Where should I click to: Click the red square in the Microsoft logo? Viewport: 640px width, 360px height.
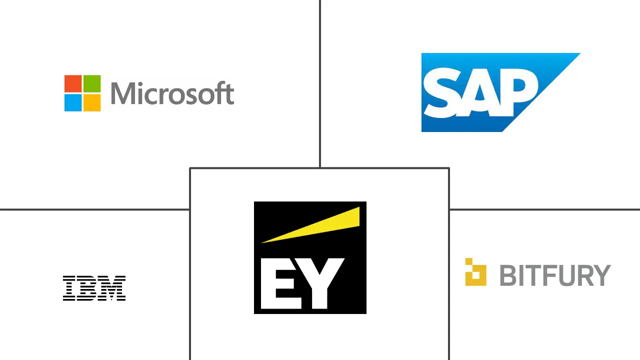[73, 83]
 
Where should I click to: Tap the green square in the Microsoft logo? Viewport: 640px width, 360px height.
[92, 83]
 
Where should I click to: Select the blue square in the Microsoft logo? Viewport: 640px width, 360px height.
[73, 102]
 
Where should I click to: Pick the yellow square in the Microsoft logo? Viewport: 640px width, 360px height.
[92, 102]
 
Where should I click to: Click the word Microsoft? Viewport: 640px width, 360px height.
[172, 93]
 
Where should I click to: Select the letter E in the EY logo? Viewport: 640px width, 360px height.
[277, 283]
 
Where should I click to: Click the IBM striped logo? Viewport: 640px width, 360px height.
[94, 288]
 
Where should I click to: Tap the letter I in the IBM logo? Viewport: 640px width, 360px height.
[68, 288]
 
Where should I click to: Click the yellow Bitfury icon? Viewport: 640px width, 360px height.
[475, 272]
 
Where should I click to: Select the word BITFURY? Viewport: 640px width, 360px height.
[555, 275]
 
